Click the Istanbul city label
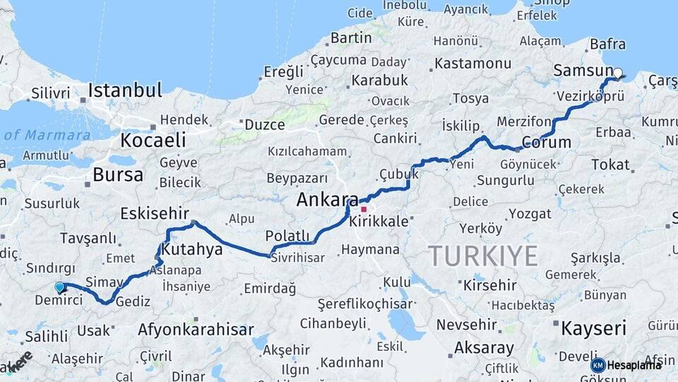[x=124, y=91]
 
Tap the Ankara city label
[x=328, y=199]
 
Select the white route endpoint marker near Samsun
[x=618, y=73]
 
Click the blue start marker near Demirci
[x=59, y=287]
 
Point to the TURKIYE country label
[x=483, y=255]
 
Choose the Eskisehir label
[x=155, y=213]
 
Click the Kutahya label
[x=192, y=250]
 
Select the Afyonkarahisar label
[x=196, y=329]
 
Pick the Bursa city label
[x=118, y=174]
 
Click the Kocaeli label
[x=153, y=139]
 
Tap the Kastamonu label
[x=472, y=63]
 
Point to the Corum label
[x=546, y=142]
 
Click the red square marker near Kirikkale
[x=364, y=209]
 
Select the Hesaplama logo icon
[x=597, y=365]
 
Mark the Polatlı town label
[x=287, y=236]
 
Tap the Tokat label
[x=610, y=164]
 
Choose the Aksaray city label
[x=484, y=348]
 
